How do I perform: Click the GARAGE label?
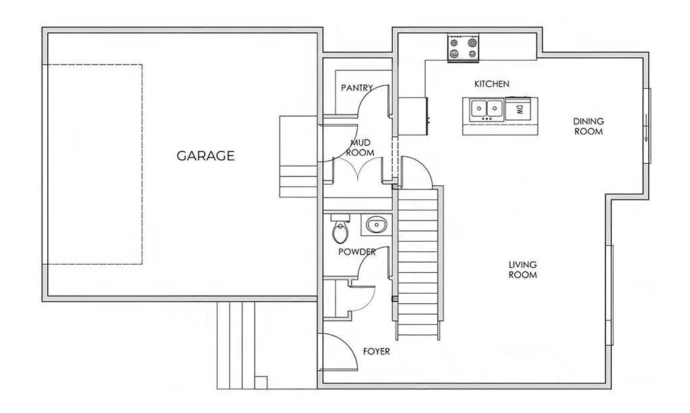pos(206,156)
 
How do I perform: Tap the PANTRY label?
pos(357,88)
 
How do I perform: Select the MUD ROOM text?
pos(360,148)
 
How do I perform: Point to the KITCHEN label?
pos(492,84)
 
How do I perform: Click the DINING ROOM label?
pos(588,126)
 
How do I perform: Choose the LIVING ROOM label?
pos(523,269)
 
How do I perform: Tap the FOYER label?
pos(376,352)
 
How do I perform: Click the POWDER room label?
pos(357,252)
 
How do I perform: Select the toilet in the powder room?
pos(340,228)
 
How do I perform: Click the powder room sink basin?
pos(376,225)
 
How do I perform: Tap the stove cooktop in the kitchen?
pos(464,48)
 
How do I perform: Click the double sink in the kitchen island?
pos(487,108)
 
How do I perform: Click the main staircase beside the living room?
pos(418,261)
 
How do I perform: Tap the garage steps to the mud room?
pos(299,156)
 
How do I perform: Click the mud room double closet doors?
pos(359,168)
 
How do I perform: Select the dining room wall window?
pos(647,126)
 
